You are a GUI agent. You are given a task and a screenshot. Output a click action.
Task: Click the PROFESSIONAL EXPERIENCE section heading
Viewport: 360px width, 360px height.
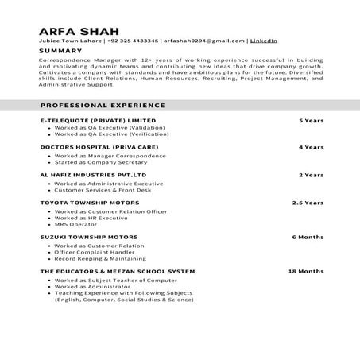[x=103, y=105]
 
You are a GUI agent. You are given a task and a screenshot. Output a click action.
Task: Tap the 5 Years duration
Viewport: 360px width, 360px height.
[x=311, y=120]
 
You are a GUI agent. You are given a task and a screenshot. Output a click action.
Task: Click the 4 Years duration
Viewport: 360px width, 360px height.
[x=311, y=147]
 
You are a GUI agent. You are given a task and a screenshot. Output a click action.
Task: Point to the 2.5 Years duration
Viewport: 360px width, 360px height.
[x=308, y=202]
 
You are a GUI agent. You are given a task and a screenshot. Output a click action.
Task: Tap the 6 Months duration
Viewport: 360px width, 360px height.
[x=308, y=237]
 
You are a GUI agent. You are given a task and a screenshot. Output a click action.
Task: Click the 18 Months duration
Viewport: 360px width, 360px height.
[x=306, y=271]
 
